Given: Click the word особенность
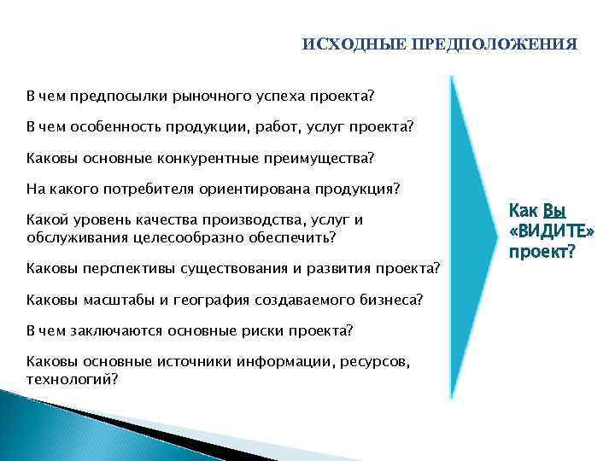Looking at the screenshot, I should pos(107,126).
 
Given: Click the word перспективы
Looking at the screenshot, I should pos(126,270).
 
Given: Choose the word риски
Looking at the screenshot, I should pos(262,330).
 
